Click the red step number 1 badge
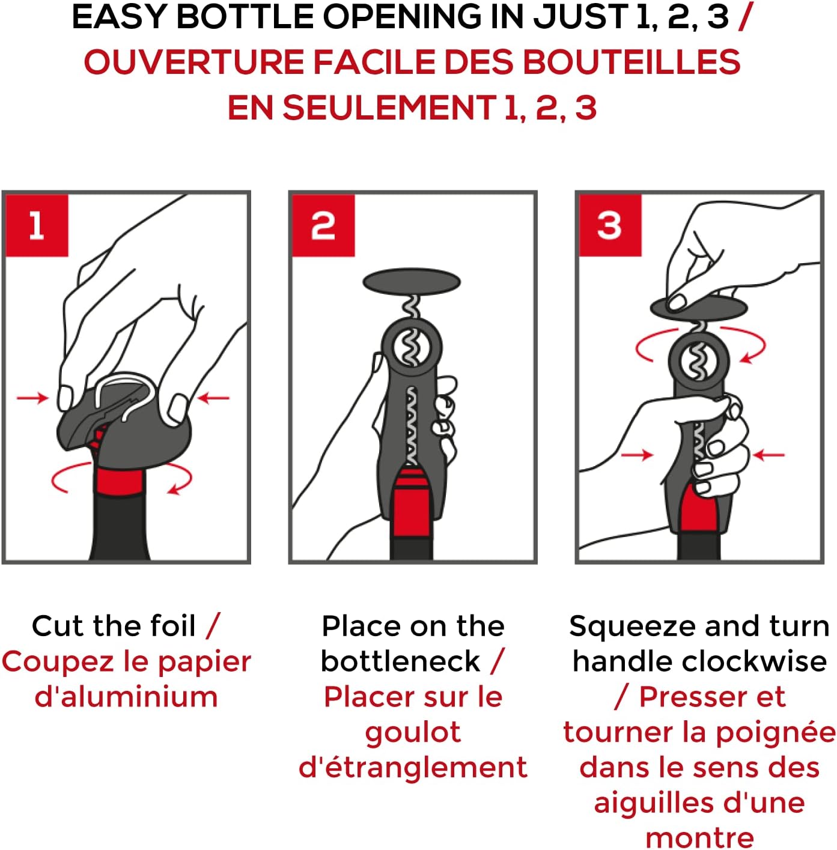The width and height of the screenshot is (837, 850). pyautogui.click(x=37, y=225)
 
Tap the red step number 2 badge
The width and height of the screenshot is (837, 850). pyautogui.click(x=323, y=225)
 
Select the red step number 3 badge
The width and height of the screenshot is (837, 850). pyautogui.click(x=610, y=225)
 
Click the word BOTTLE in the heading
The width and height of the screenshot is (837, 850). pyautogui.click(x=245, y=17)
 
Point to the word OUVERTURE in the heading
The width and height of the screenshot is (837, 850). pyautogui.click(x=194, y=62)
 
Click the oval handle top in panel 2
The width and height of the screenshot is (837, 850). pyautogui.click(x=412, y=281)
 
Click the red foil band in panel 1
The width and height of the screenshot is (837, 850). pyautogui.click(x=119, y=482)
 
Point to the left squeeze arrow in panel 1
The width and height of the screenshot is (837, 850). pyautogui.click(x=32, y=398)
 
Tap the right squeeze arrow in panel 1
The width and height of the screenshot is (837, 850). pyautogui.click(x=213, y=398)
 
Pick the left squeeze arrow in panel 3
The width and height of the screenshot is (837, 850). pyautogui.click(x=637, y=454)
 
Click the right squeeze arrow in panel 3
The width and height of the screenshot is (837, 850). pyautogui.click(x=769, y=454)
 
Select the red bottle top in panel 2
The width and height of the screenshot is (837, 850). pyautogui.click(x=412, y=503)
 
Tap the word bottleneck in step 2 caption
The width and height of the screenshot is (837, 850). pyautogui.click(x=400, y=661)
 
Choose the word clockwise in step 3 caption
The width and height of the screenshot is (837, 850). pyautogui.click(x=754, y=661)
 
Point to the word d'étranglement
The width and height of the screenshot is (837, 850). pyautogui.click(x=413, y=768)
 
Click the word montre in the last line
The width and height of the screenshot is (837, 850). pyautogui.click(x=699, y=838)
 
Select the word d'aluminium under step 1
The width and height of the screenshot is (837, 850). pyautogui.click(x=126, y=697)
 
